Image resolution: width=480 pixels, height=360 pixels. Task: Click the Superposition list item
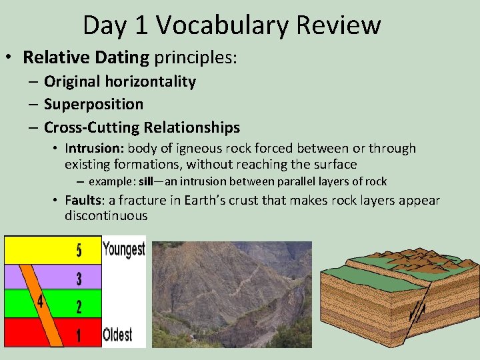click(x=93, y=104)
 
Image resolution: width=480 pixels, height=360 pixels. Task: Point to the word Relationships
click(x=192, y=127)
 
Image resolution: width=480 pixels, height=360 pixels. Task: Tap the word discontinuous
click(x=106, y=216)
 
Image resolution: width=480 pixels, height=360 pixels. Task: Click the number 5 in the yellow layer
click(x=79, y=251)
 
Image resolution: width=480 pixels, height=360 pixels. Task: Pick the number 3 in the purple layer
click(x=79, y=279)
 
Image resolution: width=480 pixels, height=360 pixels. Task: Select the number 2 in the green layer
click(x=79, y=307)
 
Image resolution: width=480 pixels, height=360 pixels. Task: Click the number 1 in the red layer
click(x=79, y=335)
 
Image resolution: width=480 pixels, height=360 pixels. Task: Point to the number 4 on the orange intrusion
click(x=41, y=302)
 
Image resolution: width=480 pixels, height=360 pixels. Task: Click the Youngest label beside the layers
click(x=123, y=249)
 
